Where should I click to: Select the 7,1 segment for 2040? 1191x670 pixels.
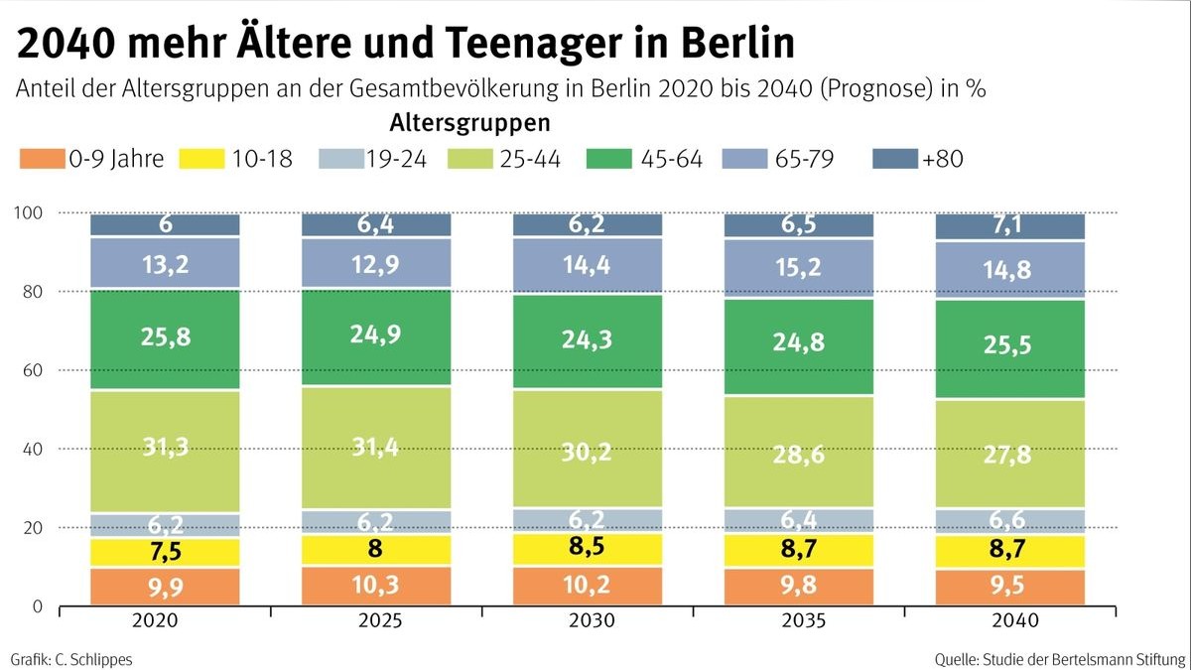pyautogui.click(x=1010, y=226)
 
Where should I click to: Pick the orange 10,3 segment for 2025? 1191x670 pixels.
pyautogui.click(x=376, y=586)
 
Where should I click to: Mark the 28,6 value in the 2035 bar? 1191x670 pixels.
pyautogui.click(x=799, y=453)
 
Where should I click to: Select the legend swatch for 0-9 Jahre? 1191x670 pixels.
pyautogui.click(x=41, y=159)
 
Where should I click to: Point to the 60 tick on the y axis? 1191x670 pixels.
pyautogui.click(x=31, y=370)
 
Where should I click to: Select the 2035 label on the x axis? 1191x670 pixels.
pyautogui.click(x=799, y=621)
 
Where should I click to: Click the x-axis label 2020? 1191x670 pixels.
pyautogui.click(x=165, y=621)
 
